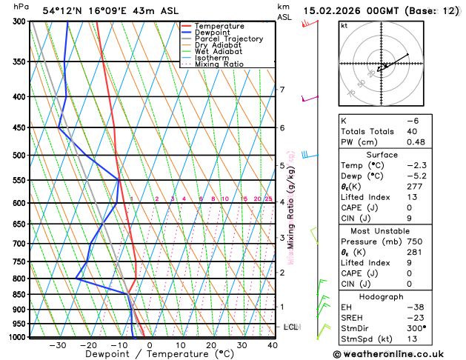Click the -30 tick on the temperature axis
click(x=58, y=345)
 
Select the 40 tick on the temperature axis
click(x=273, y=345)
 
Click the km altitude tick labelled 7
click(x=282, y=90)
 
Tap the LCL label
click(x=291, y=327)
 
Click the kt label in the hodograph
click(x=344, y=25)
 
